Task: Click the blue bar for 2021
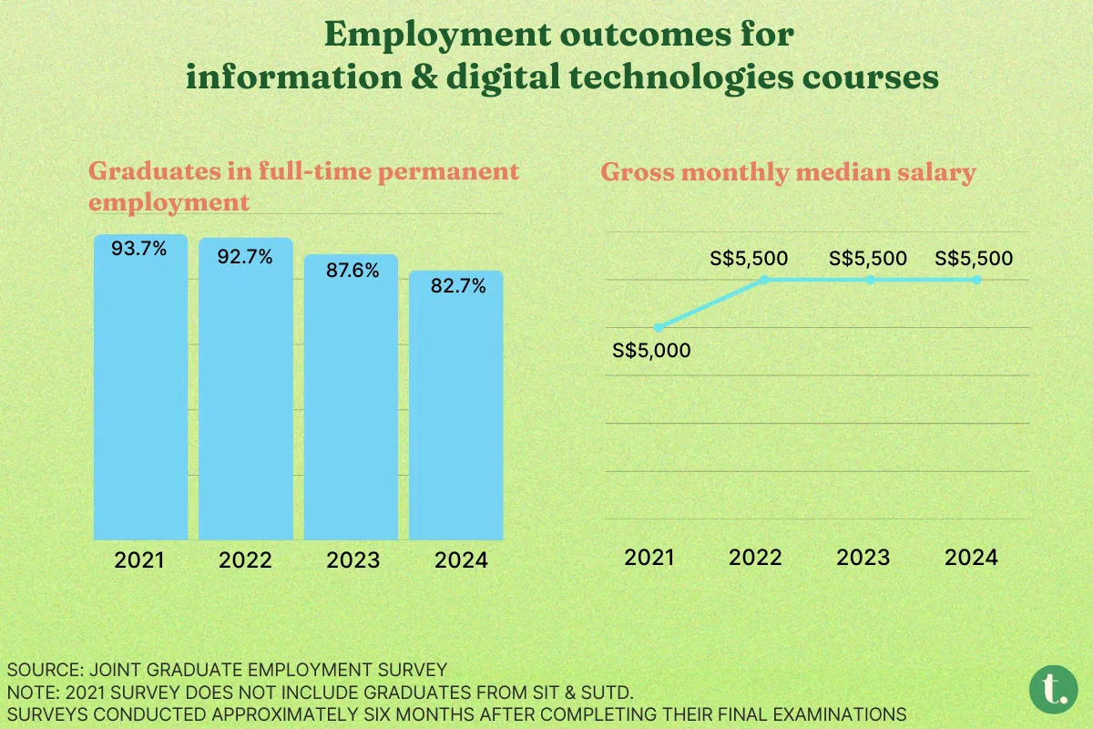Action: [x=140, y=392]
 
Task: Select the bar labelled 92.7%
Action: [x=246, y=392]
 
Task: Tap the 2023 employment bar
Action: [x=351, y=401]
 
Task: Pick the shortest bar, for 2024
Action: [x=455, y=410]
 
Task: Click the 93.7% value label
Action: [x=139, y=248]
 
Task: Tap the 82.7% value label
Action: [x=457, y=286]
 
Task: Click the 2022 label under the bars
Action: [x=246, y=560]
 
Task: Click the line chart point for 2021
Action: [x=659, y=327]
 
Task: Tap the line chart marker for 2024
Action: [x=976, y=280]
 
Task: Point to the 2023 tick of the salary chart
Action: [x=863, y=557]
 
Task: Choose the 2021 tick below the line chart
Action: [x=649, y=557]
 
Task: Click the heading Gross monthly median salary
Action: [x=788, y=172]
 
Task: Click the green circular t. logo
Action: [x=1054, y=690]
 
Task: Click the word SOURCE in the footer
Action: [x=37, y=669]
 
